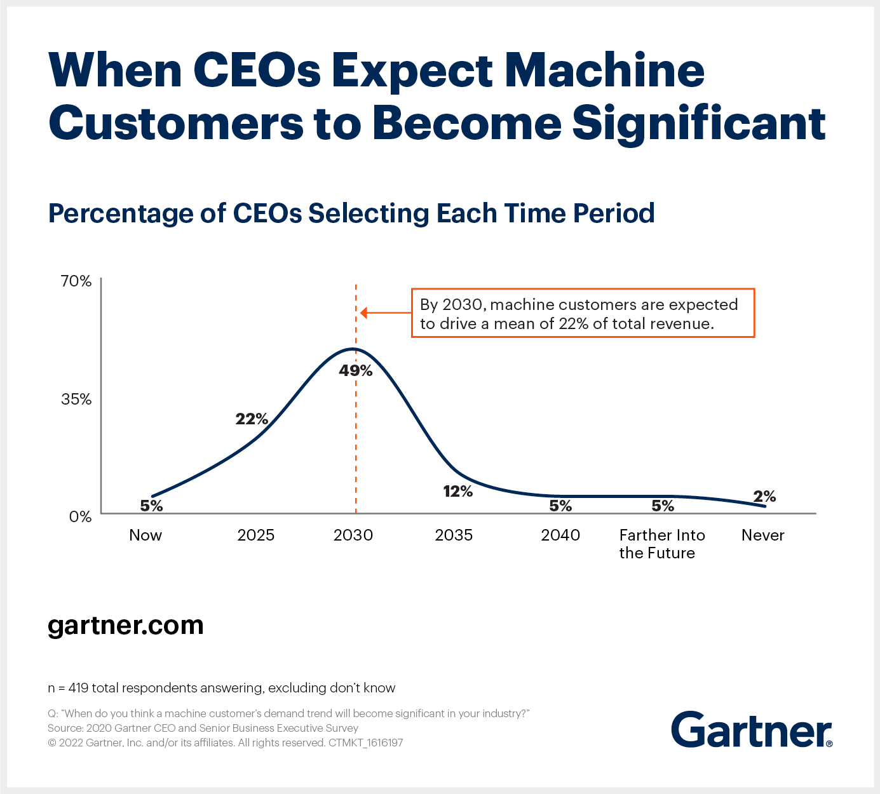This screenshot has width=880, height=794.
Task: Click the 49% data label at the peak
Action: (x=355, y=370)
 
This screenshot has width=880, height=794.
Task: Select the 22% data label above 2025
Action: (x=252, y=419)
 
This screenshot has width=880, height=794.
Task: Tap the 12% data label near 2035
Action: (x=457, y=491)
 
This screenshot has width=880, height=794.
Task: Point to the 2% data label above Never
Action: (x=764, y=496)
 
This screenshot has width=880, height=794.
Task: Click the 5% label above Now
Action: (x=151, y=506)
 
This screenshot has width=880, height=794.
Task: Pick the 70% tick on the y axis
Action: (x=76, y=281)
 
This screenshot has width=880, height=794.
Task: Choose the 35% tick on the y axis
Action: (x=76, y=399)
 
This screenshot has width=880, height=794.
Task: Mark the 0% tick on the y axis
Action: (x=80, y=516)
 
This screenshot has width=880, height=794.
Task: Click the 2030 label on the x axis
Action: (x=353, y=535)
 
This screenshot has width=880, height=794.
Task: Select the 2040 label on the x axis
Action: (x=560, y=535)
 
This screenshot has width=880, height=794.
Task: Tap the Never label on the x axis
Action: (x=762, y=535)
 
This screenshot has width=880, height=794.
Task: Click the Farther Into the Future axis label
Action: (x=661, y=544)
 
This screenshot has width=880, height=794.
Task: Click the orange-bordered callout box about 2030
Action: (x=583, y=313)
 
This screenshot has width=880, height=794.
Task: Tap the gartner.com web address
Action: (x=126, y=625)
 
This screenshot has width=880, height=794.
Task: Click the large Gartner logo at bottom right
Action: (x=751, y=730)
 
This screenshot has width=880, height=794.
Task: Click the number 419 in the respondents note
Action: (x=78, y=688)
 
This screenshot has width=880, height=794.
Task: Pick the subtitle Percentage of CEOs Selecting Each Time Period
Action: (x=351, y=213)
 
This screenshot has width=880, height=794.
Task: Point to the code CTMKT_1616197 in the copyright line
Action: (x=366, y=743)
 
